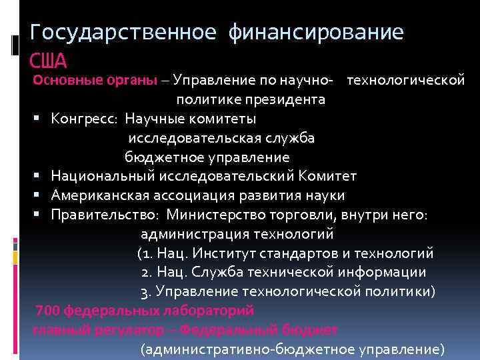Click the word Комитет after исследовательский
pos(327,177)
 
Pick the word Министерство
pos(219,215)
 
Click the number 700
pos(48,311)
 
